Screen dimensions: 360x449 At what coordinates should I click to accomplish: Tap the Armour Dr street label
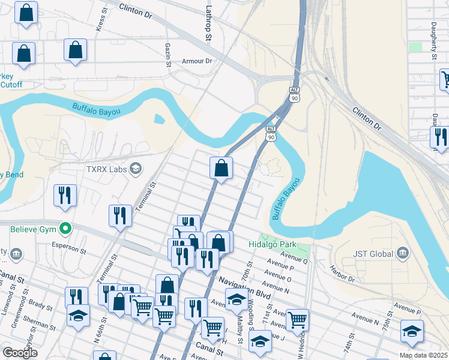click(x=197, y=61)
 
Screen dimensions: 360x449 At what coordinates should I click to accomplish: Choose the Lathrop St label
click(x=209, y=24)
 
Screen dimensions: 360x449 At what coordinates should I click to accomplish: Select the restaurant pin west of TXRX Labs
click(x=65, y=196)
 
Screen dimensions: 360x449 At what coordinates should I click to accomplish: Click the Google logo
click(x=20, y=353)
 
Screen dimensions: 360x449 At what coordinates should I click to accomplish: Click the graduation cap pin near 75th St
click(x=412, y=331)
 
